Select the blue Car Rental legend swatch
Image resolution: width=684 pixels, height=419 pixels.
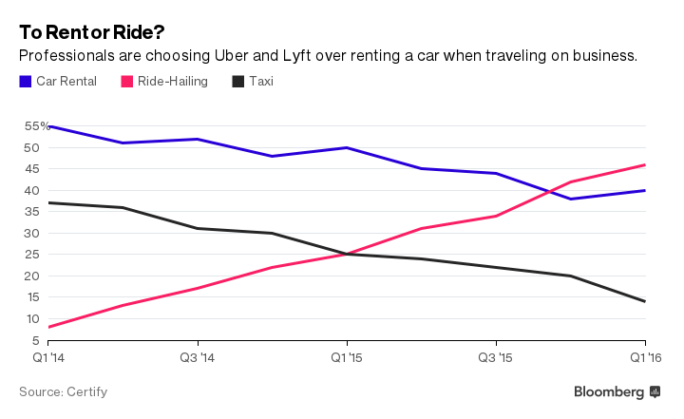pyautogui.click(x=25, y=82)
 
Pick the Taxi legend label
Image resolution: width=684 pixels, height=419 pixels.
pyautogui.click(x=260, y=82)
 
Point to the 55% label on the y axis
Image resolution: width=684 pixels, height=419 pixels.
pyautogui.click(x=37, y=125)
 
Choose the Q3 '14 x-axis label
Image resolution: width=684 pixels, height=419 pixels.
pyautogui.click(x=197, y=357)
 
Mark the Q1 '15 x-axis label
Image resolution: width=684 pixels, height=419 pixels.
pyautogui.click(x=347, y=357)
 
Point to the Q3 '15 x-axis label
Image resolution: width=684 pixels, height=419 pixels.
pyautogui.click(x=496, y=357)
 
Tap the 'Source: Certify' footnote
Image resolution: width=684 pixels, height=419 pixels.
pyautogui.click(x=64, y=391)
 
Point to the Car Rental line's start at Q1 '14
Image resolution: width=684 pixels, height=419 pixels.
pyautogui.click(x=49, y=126)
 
